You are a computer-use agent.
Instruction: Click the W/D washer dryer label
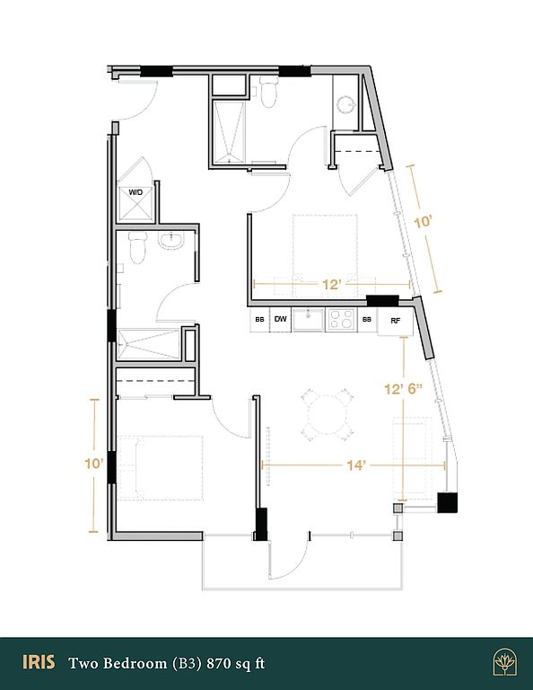[135, 192]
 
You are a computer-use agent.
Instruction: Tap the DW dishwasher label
[280, 319]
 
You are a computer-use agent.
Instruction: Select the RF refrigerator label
[396, 321]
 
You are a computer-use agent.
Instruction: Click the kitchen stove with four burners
[341, 319]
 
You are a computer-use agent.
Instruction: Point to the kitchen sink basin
[309, 319]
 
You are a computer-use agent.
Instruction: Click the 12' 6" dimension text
[404, 389]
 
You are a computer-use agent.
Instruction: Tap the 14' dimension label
[356, 465]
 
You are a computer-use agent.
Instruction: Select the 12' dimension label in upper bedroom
[332, 284]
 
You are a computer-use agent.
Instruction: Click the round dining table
[327, 415]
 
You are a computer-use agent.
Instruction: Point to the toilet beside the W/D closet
[137, 247]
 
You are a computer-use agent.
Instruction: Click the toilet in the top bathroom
[268, 92]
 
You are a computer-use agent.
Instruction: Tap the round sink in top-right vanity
[345, 105]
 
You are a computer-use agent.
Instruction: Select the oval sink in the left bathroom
[171, 241]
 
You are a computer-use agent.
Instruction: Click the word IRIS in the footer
[39, 662]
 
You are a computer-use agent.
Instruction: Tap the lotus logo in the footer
[504, 662]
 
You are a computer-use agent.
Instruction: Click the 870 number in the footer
[219, 663]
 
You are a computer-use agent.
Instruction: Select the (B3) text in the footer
[187, 663]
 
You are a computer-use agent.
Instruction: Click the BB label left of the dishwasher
[259, 320]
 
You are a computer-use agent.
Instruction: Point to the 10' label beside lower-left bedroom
[94, 464]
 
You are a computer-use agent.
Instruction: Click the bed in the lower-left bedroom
[161, 468]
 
